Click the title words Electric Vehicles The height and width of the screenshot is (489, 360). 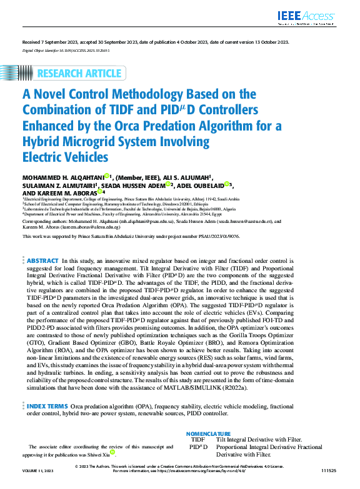tap(66, 157)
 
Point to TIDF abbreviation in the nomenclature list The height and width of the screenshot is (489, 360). tap(197, 440)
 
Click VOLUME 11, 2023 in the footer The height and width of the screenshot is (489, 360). tap(38, 482)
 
